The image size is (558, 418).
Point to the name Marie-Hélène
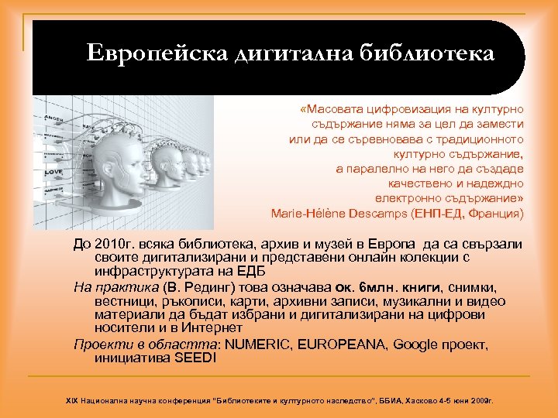point(305,213)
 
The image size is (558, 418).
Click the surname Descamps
point(376,213)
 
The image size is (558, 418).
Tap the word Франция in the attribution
point(498,213)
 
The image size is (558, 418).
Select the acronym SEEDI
point(196,358)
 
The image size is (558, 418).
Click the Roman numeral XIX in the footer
point(71,402)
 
